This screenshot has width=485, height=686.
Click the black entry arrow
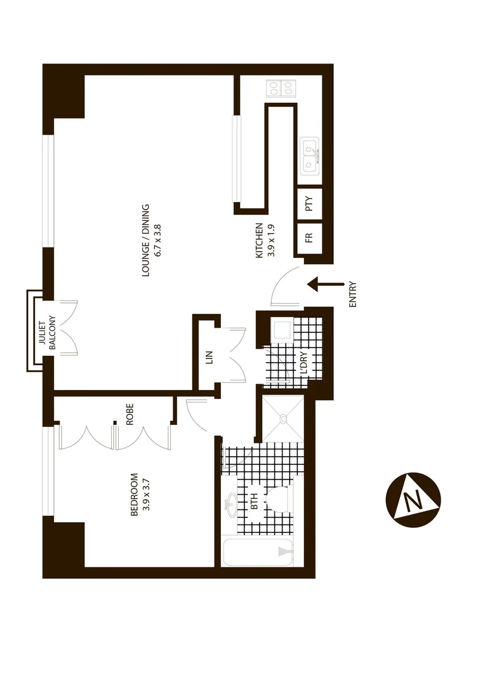pyautogui.click(x=325, y=284)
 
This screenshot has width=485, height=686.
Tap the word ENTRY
pyautogui.click(x=353, y=295)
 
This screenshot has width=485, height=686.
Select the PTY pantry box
pyautogui.click(x=309, y=205)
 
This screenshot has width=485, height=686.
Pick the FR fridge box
pyautogui.click(x=309, y=238)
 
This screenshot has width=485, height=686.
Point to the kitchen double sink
pyautogui.click(x=310, y=156)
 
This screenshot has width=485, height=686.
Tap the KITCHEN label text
pyautogui.click(x=264, y=241)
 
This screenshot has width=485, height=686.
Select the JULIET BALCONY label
pyautogui.click(x=48, y=332)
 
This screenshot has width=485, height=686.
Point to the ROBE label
pyautogui.click(x=130, y=414)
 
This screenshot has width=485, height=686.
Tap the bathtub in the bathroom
pyautogui.click(x=257, y=553)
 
